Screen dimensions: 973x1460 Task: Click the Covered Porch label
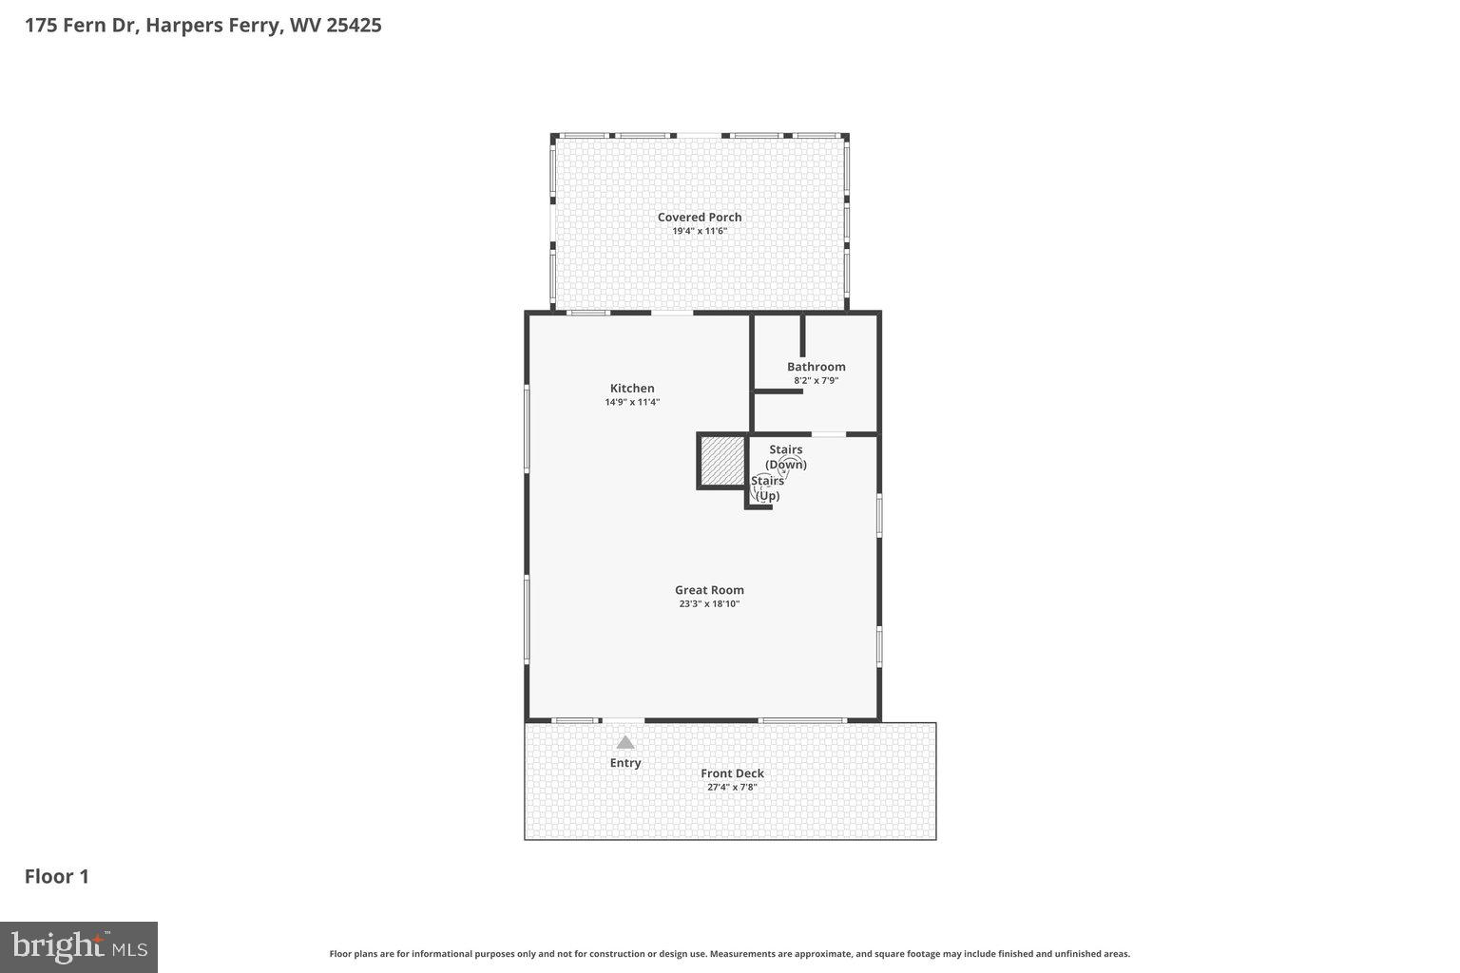pos(700,218)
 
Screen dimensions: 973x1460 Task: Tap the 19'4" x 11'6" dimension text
pos(700,231)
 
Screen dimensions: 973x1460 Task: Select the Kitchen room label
pos(632,389)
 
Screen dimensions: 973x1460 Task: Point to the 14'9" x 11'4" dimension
pos(632,402)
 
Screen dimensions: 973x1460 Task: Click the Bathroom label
pos(816,367)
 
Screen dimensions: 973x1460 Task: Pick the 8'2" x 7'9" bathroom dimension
pos(816,381)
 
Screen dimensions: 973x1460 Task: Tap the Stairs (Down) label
pos(786,457)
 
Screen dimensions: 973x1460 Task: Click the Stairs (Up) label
pos(767,488)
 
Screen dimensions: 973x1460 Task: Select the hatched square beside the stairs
pos(722,461)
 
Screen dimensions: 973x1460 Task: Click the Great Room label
pos(709,590)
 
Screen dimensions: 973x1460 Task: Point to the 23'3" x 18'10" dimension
pos(709,604)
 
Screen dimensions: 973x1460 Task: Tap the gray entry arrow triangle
pos(624,742)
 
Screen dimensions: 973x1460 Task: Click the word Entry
pos(624,763)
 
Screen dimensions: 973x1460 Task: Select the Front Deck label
pos(732,773)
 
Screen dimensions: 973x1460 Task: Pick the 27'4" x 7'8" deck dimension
pos(732,787)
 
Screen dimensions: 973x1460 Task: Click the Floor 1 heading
pos(57,876)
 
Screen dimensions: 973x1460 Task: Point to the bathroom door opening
pos(828,434)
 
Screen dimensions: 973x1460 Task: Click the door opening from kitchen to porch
pos(671,313)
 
